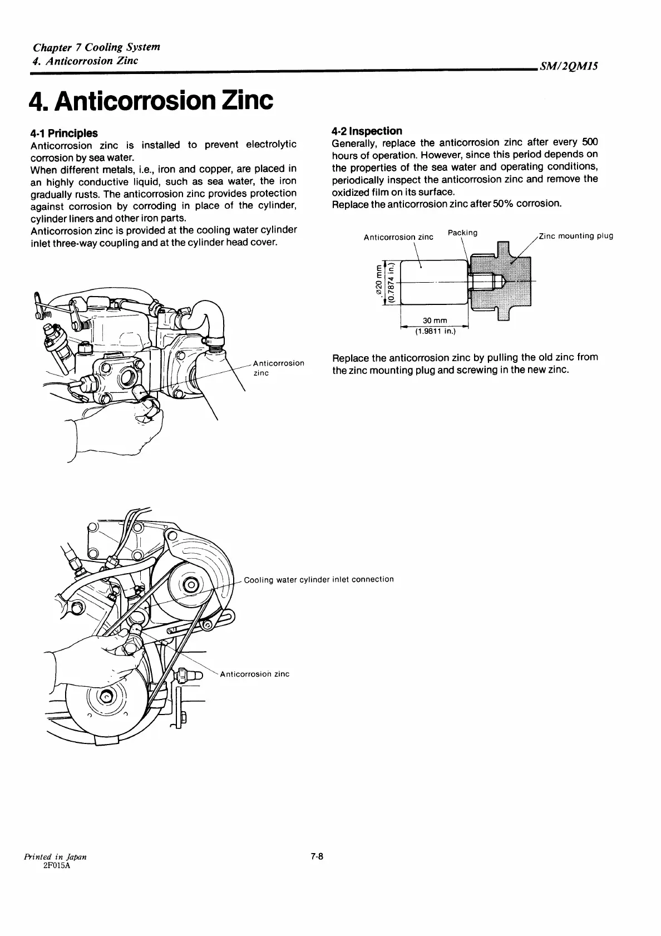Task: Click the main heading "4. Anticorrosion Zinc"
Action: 151,100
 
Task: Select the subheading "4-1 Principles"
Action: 64,133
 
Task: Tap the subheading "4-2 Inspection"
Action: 367,131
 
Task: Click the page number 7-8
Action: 317,873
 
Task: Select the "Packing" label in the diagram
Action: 462,233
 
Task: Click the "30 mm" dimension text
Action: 435,321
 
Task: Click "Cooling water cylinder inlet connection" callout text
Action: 319,579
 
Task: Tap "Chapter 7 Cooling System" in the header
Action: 96,47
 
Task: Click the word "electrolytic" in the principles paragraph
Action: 271,145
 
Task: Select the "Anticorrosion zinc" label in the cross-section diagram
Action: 398,237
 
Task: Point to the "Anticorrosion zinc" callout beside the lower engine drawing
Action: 255,674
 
